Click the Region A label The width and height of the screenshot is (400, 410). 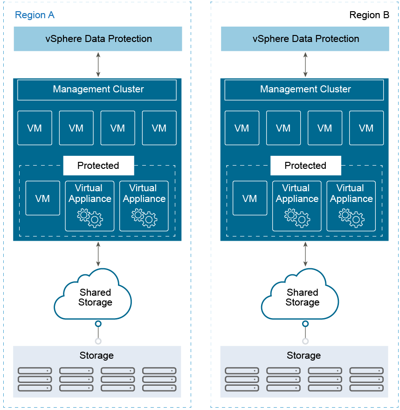(34, 15)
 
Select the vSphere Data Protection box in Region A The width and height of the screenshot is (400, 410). (98, 39)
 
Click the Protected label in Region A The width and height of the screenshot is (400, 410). (98, 166)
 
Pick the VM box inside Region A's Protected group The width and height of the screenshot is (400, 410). (43, 198)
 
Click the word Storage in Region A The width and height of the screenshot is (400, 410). (97, 355)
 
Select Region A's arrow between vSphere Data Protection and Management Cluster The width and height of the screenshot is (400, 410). (98, 64)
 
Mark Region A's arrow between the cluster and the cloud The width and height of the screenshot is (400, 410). (98, 254)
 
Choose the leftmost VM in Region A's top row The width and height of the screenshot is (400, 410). (34, 128)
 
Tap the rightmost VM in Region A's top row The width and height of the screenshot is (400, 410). (159, 128)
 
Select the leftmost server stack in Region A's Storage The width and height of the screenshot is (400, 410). (34, 379)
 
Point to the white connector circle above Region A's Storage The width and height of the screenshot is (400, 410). (98, 341)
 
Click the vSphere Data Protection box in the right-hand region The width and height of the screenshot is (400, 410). (305, 39)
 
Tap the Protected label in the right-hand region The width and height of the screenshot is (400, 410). (306, 166)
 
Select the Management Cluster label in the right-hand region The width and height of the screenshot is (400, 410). (305, 90)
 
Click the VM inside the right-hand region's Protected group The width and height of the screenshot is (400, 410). (250, 198)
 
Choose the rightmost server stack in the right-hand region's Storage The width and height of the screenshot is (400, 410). (366, 379)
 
